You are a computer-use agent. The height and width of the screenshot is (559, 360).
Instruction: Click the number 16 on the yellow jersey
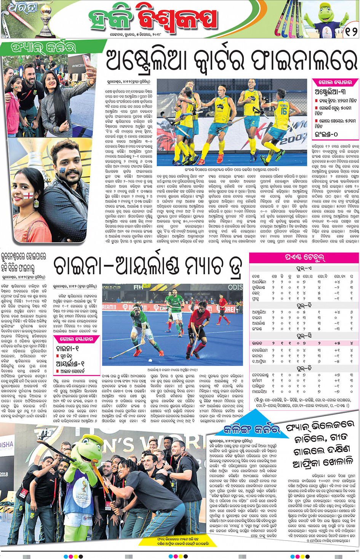point(284,111)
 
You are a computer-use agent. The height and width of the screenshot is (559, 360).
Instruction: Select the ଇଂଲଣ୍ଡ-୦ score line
point(326,135)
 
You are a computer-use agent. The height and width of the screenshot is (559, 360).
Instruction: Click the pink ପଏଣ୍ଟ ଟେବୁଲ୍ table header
point(304,258)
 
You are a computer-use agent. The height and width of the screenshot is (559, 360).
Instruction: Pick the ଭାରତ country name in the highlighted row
point(258,343)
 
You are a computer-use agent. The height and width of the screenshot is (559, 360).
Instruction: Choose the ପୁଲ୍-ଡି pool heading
point(304,368)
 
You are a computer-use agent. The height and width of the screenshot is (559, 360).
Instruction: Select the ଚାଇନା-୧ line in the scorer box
point(67,349)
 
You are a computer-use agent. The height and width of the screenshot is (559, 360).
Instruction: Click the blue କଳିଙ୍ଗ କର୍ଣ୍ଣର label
point(252,429)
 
